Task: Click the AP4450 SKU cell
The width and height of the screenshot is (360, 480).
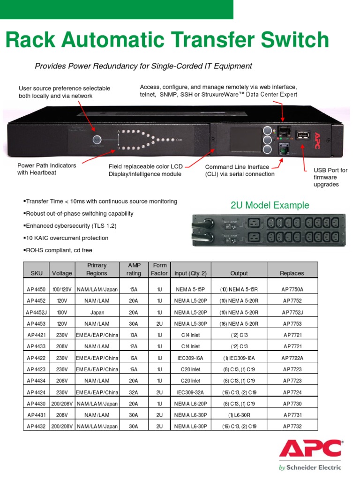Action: pyautogui.click(x=36, y=290)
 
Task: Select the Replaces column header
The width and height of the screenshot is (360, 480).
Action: pyautogui.click(x=292, y=273)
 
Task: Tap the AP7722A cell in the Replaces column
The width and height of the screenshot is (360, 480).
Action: pyautogui.click(x=292, y=358)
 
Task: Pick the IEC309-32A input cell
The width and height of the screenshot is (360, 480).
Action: pyautogui.click(x=187, y=392)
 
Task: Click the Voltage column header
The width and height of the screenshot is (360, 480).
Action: pyautogui.click(x=62, y=273)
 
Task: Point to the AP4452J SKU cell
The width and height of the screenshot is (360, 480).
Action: pyautogui.click(x=36, y=312)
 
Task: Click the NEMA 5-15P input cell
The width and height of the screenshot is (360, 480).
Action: pyautogui.click(x=187, y=290)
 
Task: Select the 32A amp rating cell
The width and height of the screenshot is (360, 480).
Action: pyautogui.click(x=133, y=392)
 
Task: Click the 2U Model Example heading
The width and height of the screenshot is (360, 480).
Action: pyautogui.click(x=270, y=205)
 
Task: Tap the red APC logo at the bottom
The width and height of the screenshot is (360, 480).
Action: pyautogui.click(x=310, y=449)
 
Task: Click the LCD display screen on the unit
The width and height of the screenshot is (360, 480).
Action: pyautogui.click(x=244, y=139)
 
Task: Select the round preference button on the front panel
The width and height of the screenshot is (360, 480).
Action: pyautogui.click(x=97, y=140)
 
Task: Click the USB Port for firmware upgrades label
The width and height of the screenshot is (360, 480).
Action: pyautogui.click(x=330, y=177)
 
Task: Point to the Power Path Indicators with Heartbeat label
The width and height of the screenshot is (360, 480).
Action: pyautogui.click(x=46, y=169)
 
